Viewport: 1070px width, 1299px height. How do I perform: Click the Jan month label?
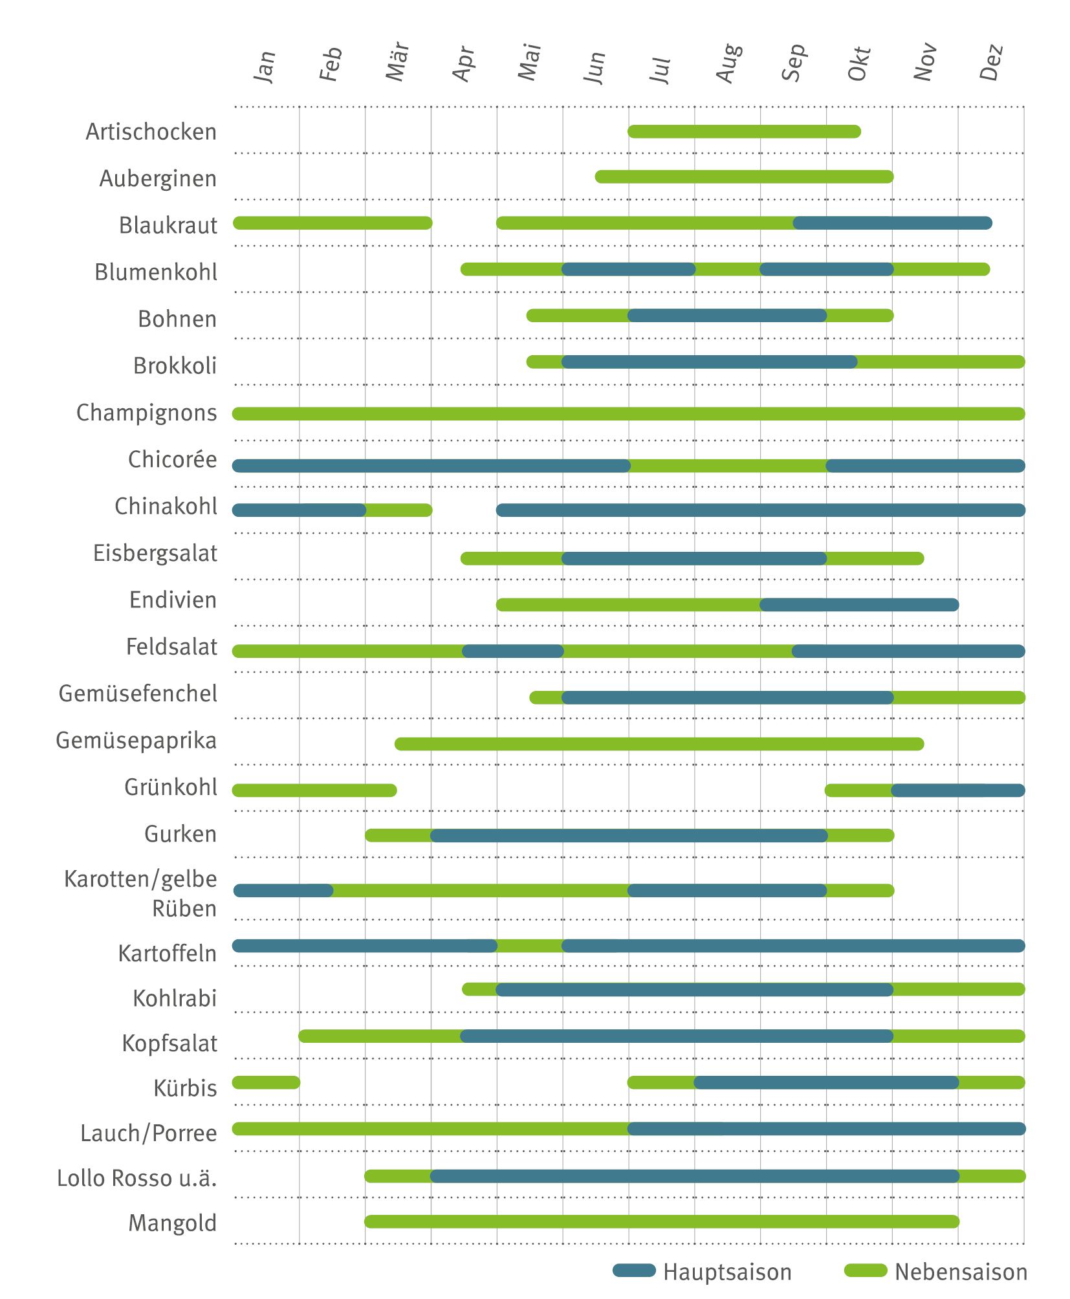[265, 66]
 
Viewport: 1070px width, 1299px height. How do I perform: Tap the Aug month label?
[728, 63]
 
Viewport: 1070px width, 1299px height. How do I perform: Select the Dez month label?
[991, 62]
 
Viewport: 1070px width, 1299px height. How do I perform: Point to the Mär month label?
[397, 62]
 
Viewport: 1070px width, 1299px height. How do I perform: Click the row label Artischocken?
[151, 132]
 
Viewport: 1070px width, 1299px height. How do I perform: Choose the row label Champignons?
[147, 413]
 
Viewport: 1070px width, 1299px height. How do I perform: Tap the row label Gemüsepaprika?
[136, 740]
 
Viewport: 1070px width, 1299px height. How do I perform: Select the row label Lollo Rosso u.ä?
[137, 1178]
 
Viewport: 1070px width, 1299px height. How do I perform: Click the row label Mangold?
[173, 1223]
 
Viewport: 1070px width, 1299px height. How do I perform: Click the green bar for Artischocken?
[744, 132]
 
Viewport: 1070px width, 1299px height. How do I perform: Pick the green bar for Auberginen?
[744, 177]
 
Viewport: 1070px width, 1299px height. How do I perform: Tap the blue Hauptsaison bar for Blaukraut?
[893, 223]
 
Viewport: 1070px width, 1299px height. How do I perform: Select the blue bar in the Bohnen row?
[727, 316]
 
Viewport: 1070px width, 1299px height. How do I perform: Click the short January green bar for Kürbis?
[266, 1082]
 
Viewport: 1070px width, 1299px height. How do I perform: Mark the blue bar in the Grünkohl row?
[957, 790]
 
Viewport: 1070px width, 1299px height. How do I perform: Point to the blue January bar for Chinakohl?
[299, 510]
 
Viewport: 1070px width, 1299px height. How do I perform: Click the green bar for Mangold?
[661, 1221]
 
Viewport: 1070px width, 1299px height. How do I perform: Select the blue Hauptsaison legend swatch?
[634, 1271]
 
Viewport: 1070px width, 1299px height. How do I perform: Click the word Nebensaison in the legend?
[961, 1272]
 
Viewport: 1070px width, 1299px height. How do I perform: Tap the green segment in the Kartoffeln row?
[530, 946]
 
